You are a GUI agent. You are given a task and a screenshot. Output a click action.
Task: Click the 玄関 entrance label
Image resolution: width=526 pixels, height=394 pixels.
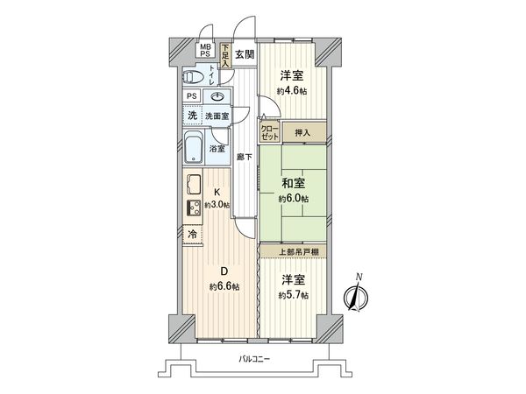click(245, 53)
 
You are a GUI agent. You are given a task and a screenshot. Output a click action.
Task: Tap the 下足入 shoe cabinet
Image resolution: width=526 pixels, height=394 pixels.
click(225, 59)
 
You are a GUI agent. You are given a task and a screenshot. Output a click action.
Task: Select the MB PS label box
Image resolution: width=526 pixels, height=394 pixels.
click(204, 50)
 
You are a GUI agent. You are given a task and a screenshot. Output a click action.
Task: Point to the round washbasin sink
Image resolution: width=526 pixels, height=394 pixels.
click(218, 96)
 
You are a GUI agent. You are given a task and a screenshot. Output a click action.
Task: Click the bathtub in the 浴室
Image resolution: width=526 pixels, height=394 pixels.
click(195, 145)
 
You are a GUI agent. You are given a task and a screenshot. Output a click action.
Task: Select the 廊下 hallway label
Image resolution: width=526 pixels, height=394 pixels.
click(245, 158)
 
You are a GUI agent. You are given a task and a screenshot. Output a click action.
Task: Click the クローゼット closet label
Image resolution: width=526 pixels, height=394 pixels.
click(269, 134)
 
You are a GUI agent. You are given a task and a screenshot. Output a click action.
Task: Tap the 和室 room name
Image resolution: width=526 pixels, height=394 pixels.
click(293, 183)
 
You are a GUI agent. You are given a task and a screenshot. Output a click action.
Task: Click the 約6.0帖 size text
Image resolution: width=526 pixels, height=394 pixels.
click(293, 200)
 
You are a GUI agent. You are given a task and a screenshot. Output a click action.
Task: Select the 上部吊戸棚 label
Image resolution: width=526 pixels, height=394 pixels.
click(293, 252)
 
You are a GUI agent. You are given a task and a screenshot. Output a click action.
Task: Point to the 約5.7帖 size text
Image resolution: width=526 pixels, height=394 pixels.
click(293, 295)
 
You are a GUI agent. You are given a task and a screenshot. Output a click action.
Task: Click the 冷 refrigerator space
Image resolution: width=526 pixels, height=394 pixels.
click(191, 235)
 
